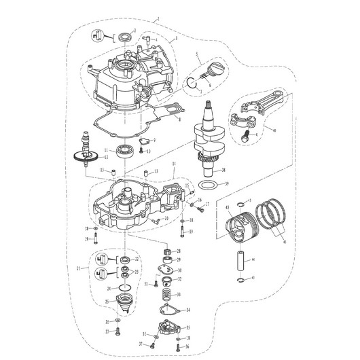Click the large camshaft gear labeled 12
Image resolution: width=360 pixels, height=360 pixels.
tap(82, 158)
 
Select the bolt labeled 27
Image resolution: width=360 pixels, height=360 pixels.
tap(119, 331)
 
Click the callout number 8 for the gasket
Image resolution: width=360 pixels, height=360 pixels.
tap(179, 119)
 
